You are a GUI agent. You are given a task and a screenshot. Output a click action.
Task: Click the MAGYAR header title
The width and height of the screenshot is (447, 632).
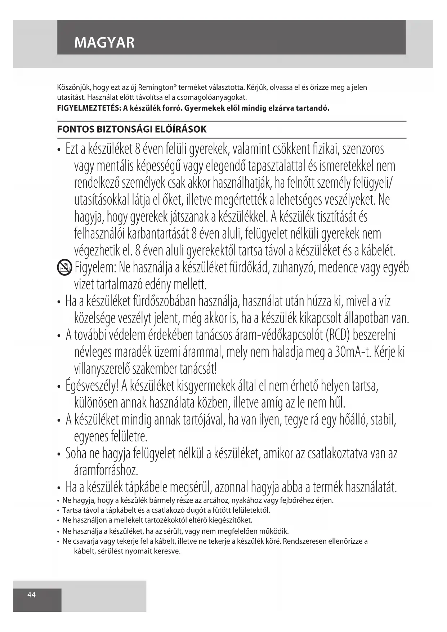(x=104, y=43)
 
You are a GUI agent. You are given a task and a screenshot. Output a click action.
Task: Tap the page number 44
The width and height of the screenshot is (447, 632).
(x=32, y=595)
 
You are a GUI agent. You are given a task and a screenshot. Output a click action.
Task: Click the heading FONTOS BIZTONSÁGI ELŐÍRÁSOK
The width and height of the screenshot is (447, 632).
(x=132, y=129)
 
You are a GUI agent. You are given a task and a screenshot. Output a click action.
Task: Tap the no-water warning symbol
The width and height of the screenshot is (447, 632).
(x=64, y=268)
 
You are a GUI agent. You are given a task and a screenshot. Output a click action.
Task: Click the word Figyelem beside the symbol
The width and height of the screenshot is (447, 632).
(x=95, y=268)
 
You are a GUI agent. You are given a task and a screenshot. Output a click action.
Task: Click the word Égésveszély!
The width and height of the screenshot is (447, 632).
(x=92, y=386)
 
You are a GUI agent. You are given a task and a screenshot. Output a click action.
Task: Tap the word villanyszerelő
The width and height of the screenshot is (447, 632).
(x=102, y=369)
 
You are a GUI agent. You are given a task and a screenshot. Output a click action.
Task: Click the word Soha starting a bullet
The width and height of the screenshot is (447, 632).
(x=76, y=453)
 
